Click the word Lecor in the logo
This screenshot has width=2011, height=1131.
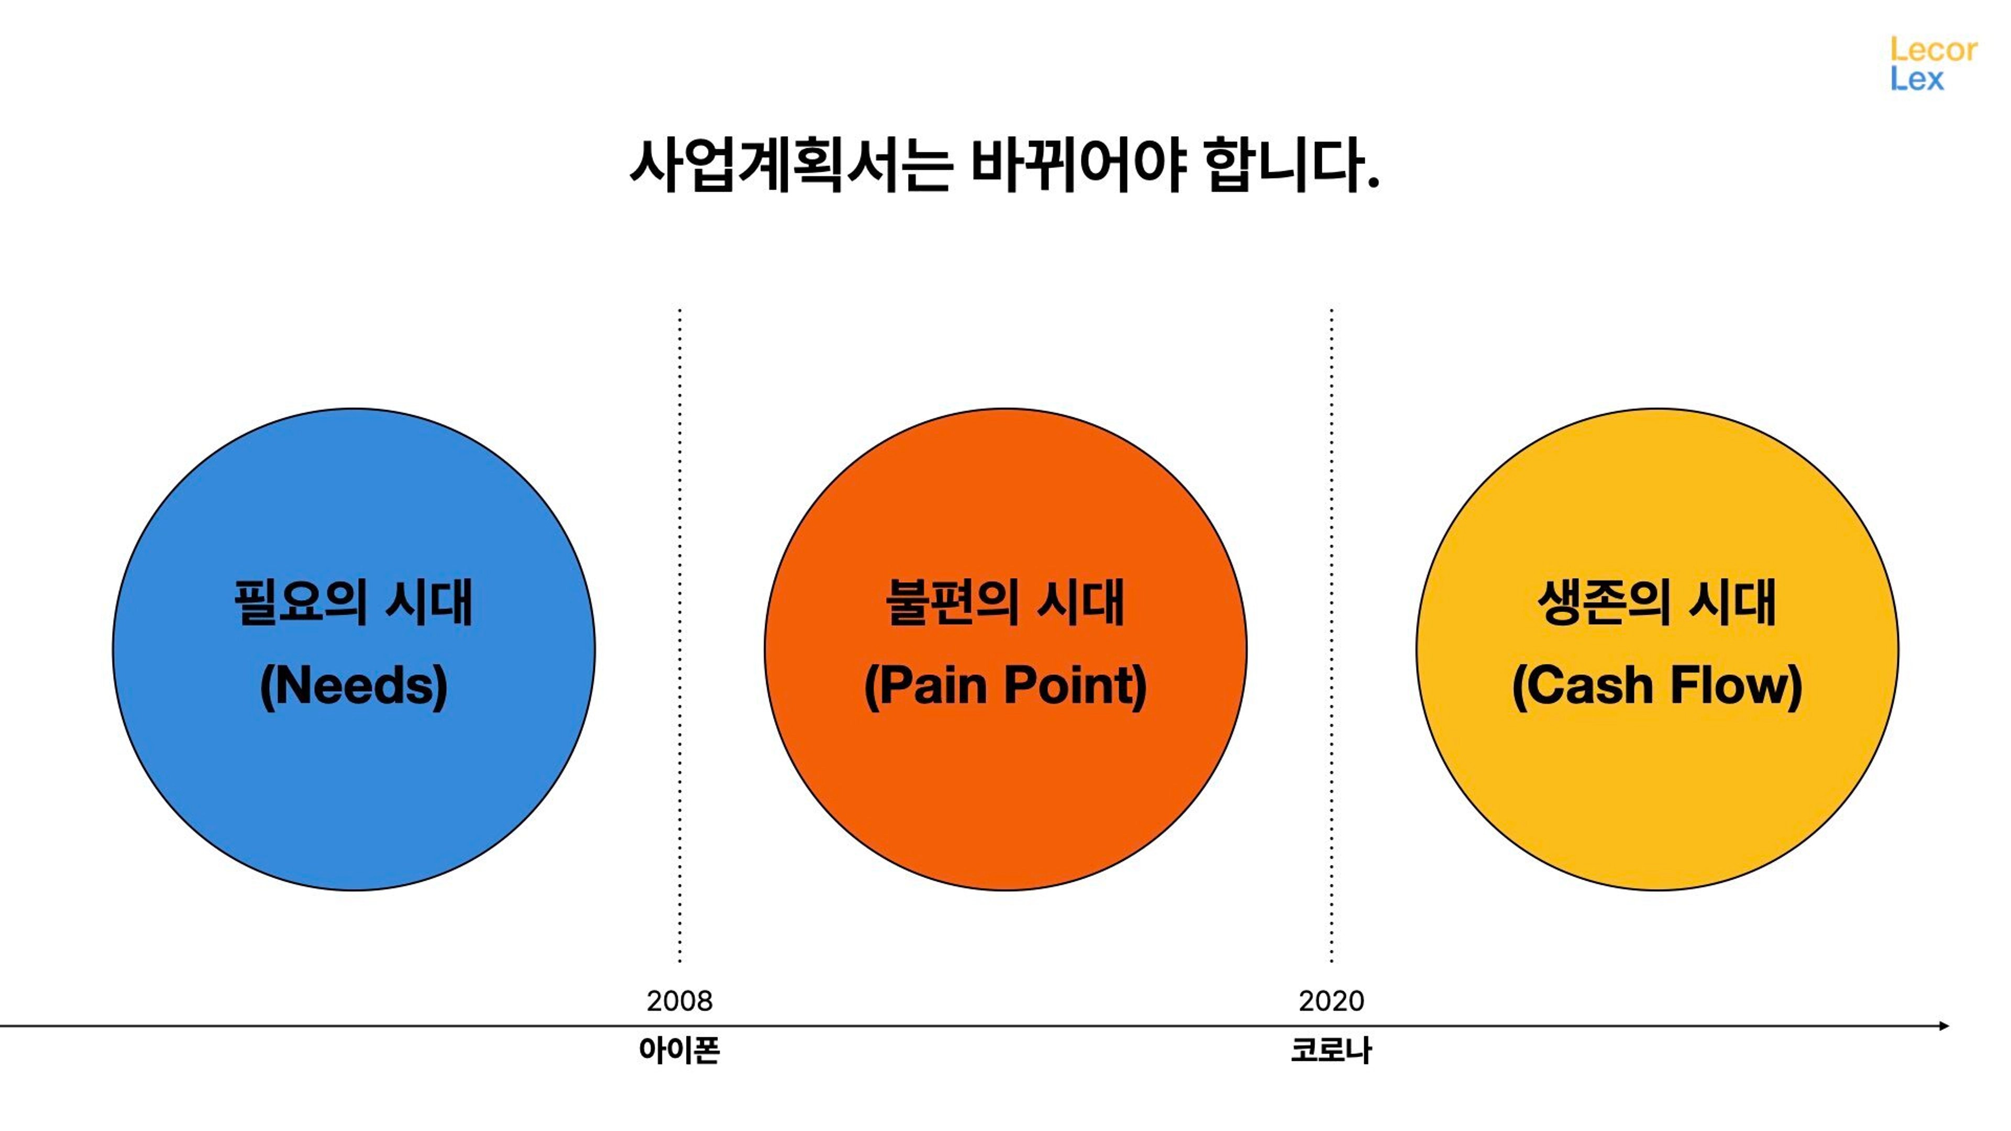point(1933,50)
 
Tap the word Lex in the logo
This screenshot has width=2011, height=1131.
point(1917,79)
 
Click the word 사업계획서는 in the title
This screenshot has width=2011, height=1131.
point(791,165)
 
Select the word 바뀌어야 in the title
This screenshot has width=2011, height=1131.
point(1079,165)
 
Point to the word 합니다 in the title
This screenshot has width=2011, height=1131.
point(1284,165)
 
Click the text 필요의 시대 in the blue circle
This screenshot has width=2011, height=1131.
point(353,602)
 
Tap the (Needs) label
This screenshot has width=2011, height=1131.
point(353,685)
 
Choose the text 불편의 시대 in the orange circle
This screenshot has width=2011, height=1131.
point(1005,602)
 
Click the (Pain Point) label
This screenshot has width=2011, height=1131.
point(1005,685)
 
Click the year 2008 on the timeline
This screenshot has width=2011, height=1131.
point(680,1001)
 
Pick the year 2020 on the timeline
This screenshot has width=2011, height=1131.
point(1332,1001)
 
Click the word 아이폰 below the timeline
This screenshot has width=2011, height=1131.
point(680,1050)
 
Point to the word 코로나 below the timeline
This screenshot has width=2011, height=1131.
point(1331,1050)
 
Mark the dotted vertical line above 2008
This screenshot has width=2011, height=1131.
point(680,635)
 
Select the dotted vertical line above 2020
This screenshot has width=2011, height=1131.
point(1332,635)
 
